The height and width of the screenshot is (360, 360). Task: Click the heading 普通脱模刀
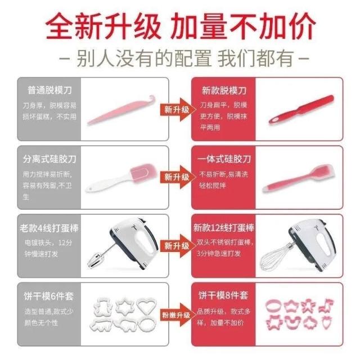tap(49, 90)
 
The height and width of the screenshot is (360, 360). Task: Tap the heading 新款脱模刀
tap(224, 91)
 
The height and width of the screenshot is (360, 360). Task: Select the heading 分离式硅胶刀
tap(49, 159)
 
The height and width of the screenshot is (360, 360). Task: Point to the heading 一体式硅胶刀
tap(224, 159)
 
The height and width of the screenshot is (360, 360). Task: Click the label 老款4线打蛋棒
tap(49, 228)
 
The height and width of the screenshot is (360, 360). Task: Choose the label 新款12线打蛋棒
tap(224, 227)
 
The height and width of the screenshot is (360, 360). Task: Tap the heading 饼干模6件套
tap(49, 296)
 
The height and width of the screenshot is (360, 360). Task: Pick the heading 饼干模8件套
tap(223, 295)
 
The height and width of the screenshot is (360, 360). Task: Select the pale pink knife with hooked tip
tap(121, 110)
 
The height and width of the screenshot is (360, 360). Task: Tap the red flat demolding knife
tap(301, 109)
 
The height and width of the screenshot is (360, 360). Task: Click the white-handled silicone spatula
tap(121, 178)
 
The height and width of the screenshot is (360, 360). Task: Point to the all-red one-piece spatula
tap(299, 178)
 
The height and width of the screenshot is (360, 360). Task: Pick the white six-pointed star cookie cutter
tap(125, 305)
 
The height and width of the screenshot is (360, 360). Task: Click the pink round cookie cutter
tap(274, 306)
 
